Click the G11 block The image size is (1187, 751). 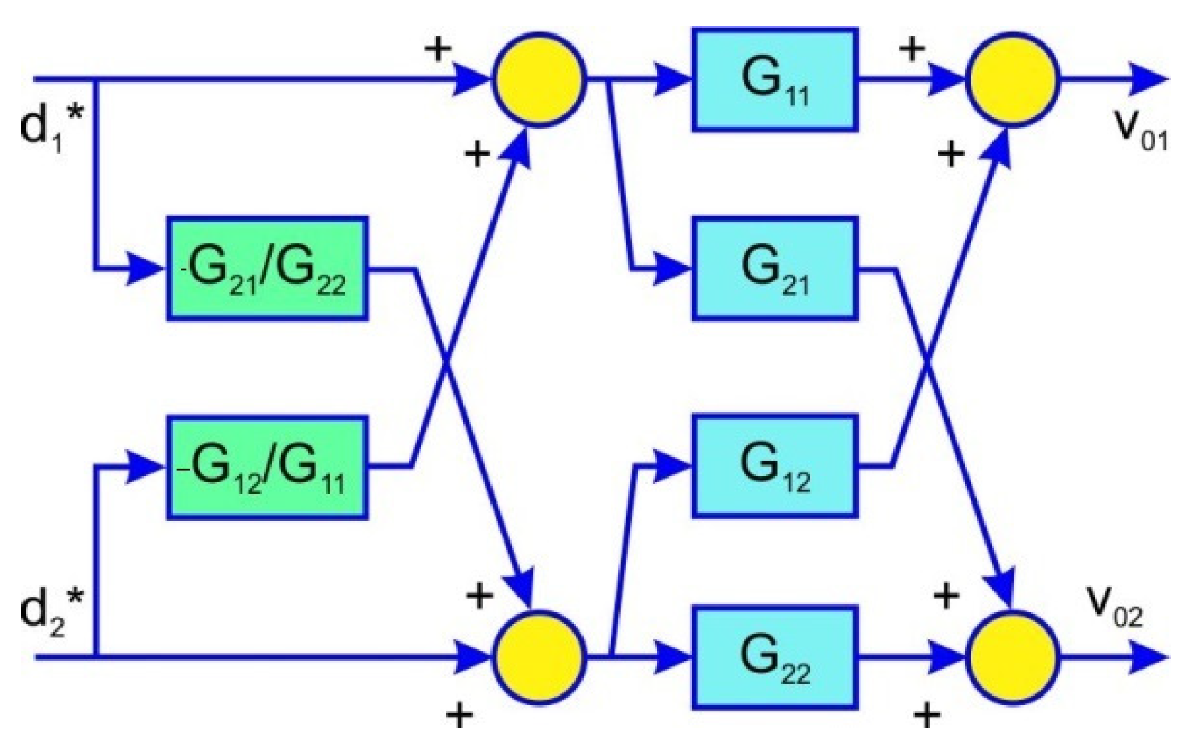[774, 79]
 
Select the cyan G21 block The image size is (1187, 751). [774, 269]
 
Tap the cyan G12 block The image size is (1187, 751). [774, 466]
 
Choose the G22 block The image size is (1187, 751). [774, 656]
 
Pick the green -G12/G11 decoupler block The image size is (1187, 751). [267, 467]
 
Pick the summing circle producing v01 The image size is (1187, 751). [1011, 79]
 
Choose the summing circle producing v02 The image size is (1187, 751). [1011, 656]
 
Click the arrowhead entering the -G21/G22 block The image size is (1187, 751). [146, 270]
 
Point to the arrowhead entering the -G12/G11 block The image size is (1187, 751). [146, 467]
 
